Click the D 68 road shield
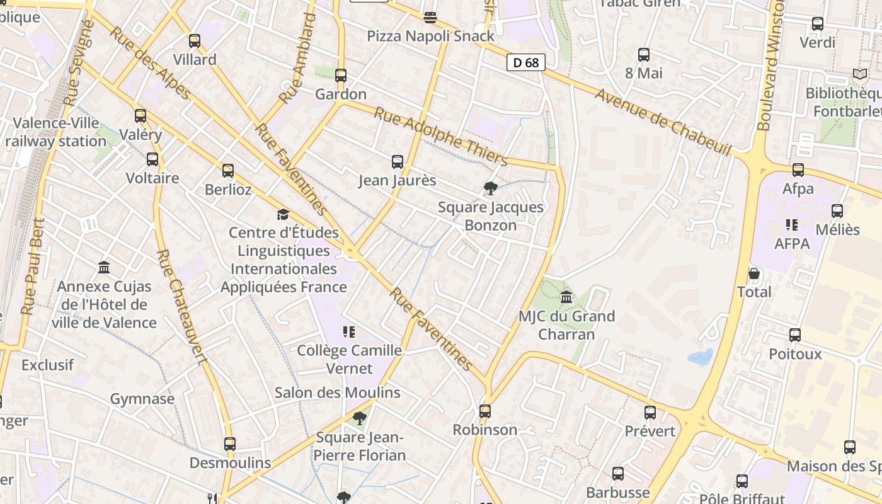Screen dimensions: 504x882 [525, 62]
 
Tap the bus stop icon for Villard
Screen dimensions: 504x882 [195, 41]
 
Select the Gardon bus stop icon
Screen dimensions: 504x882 [341, 76]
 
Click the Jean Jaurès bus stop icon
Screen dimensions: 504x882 [398, 162]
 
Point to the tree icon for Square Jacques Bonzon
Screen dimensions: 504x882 [490, 188]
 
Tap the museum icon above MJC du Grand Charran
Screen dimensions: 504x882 [566, 297]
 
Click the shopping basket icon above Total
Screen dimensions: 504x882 [754, 273]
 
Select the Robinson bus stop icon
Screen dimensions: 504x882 [485, 411]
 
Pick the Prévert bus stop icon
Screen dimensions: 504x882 [650, 413]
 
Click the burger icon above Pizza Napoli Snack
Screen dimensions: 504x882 [430, 17]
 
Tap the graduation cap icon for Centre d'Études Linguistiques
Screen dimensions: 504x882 [283, 214]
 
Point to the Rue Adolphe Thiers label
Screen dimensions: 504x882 [440, 135]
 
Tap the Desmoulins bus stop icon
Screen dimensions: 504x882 [230, 444]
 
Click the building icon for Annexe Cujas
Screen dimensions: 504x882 [105, 268]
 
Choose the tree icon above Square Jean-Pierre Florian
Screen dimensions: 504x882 [360, 418]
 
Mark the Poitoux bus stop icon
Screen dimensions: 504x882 [795, 335]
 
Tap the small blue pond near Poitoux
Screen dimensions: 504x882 [701, 357]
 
